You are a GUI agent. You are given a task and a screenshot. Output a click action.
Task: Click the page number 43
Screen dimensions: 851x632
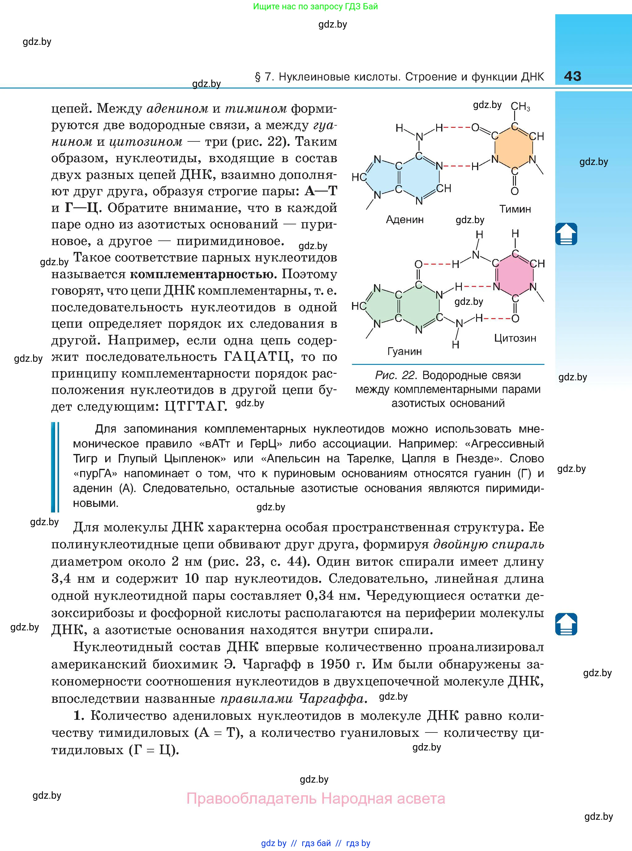tap(572, 76)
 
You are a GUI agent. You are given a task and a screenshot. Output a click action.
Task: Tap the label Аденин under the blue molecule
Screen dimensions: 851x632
tap(404, 220)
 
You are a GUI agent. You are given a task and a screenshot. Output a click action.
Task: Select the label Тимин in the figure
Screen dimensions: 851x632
tap(515, 209)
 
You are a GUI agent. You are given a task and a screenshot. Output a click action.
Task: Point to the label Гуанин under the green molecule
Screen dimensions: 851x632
tap(404, 351)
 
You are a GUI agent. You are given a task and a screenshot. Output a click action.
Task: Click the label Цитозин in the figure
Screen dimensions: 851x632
tap(515, 338)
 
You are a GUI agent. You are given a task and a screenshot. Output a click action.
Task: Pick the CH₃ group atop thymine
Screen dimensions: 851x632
tap(520, 106)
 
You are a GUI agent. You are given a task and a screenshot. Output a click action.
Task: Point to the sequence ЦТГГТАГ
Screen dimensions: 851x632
tap(196, 406)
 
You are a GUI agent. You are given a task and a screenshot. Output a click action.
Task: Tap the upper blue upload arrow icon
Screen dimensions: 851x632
tap(566, 234)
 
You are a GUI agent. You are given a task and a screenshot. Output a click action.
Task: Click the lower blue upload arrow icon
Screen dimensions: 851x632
tap(566, 624)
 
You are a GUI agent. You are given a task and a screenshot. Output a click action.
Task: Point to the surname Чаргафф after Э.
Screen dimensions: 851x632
tap(271, 664)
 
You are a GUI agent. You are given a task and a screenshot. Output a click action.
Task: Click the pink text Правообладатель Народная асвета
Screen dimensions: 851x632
tap(316, 799)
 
